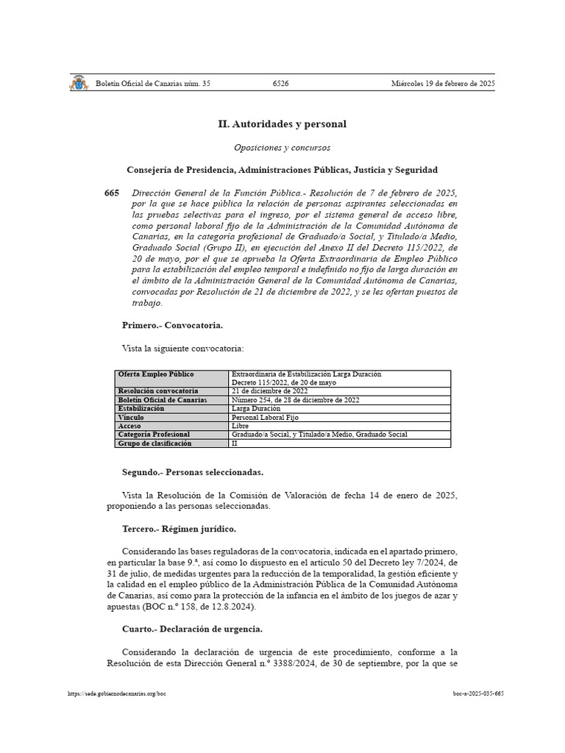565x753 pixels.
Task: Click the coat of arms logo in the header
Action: click(79, 83)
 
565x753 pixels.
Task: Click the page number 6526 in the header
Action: click(280, 84)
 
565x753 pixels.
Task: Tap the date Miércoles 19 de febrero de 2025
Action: click(443, 84)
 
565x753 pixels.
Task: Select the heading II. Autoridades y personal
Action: click(282, 124)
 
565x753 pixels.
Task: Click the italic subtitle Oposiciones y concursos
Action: click(282, 147)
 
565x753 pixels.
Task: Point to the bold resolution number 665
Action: click(112, 193)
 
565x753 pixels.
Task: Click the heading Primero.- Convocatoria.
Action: click(172, 324)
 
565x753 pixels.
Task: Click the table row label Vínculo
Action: click(132, 417)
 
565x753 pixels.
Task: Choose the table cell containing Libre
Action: click(240, 426)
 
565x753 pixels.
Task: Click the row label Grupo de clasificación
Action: click(154, 443)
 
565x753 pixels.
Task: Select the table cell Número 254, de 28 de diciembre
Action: click(295, 400)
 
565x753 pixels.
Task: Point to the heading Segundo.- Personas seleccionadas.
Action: click(192, 472)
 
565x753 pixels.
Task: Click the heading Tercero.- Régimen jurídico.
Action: click(179, 529)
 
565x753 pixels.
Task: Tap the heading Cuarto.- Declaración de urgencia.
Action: click(192, 629)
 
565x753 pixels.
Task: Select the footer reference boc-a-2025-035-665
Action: click(478, 693)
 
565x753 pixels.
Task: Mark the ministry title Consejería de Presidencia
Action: click(282, 169)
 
